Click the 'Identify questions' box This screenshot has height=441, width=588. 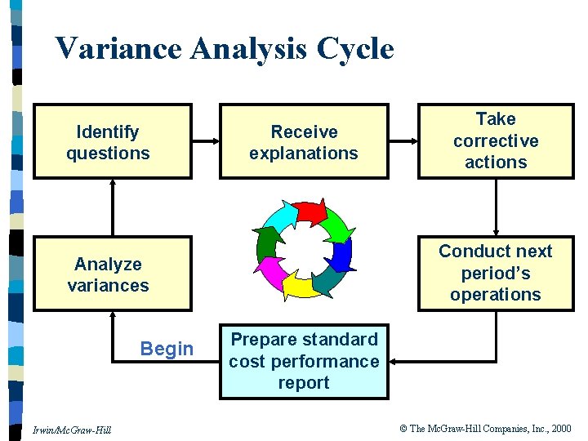click(113, 141)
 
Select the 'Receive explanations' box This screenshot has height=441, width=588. click(304, 141)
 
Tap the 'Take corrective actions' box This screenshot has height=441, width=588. click(496, 140)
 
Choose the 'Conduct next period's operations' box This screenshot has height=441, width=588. click(496, 273)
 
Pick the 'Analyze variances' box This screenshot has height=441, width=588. click(113, 274)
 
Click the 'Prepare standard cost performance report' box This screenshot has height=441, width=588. click(304, 361)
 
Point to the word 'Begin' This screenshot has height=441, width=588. click(167, 350)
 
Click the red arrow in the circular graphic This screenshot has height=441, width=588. click(311, 212)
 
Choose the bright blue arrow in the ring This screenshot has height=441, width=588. click(342, 254)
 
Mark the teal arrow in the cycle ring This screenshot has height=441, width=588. click(330, 280)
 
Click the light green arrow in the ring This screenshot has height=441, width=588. click(337, 224)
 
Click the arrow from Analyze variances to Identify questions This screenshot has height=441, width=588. click(113, 208)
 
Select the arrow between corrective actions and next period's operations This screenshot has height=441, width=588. click(496, 208)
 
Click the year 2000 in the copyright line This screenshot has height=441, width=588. click(560, 428)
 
